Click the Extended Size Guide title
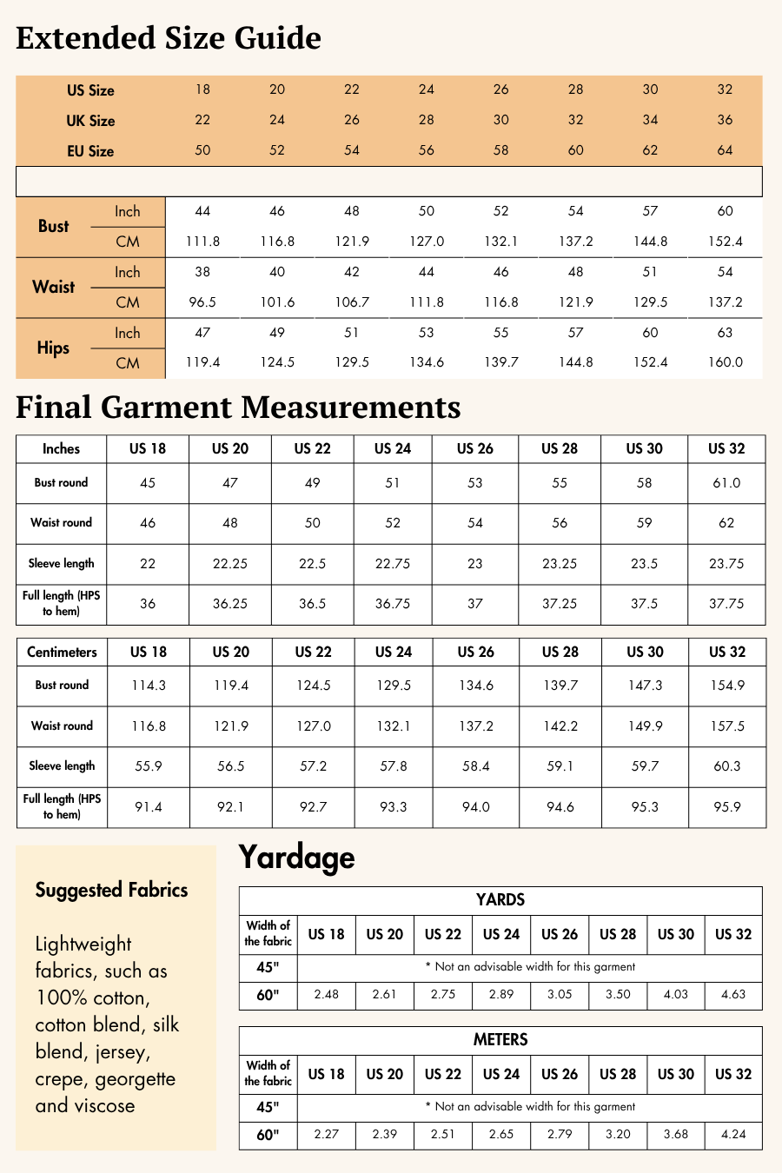click(169, 38)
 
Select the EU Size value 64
click(725, 150)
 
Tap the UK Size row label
click(90, 121)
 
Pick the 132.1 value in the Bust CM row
click(500, 242)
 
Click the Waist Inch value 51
click(650, 272)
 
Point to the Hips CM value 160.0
click(725, 362)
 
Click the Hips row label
click(53, 348)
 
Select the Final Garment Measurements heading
click(238, 408)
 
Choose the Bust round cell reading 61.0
click(726, 483)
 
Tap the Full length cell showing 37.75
click(726, 604)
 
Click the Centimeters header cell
click(62, 652)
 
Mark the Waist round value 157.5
click(727, 726)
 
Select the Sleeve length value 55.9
click(149, 766)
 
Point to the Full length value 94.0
click(476, 807)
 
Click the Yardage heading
click(296, 858)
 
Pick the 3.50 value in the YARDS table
click(618, 994)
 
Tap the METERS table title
click(500, 1039)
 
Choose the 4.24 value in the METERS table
click(733, 1134)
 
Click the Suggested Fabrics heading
click(111, 890)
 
